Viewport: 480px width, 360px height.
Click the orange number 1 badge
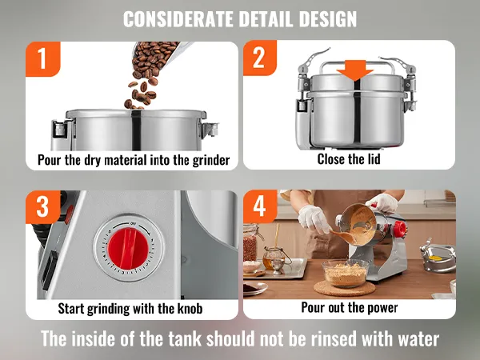pos(43,58)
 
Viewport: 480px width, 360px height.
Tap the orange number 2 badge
pos(260,58)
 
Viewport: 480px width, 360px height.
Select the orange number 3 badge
pos(43,206)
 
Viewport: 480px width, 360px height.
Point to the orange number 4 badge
pos(260,206)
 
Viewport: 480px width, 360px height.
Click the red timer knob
pos(129,248)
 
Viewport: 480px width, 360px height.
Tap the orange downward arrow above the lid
pos(355,70)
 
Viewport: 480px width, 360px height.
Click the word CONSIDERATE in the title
pos(178,19)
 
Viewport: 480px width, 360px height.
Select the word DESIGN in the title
pos(328,19)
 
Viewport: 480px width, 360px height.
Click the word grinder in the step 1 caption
pos(211,161)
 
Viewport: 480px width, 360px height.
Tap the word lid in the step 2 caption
pos(374,159)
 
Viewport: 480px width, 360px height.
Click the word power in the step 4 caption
pos(382,308)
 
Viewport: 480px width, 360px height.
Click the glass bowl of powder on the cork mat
pos(346,273)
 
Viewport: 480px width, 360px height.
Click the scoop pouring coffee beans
pos(162,57)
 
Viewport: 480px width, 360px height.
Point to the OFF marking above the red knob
pos(133,223)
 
